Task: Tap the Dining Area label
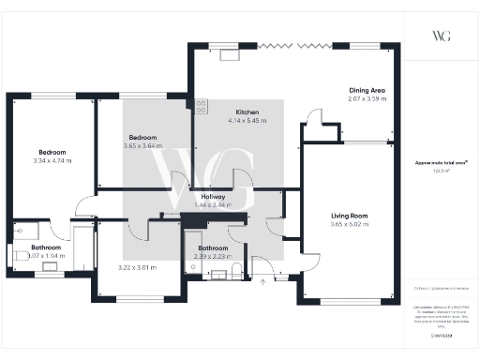pyautogui.click(x=367, y=90)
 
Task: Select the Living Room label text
pyautogui.click(x=349, y=216)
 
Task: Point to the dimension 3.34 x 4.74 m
pyautogui.click(x=52, y=160)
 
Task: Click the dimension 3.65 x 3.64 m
pyautogui.click(x=142, y=145)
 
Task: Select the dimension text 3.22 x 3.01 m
pyautogui.click(x=137, y=267)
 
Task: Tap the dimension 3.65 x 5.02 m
pyautogui.click(x=349, y=225)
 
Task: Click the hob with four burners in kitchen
pyautogui.click(x=201, y=106)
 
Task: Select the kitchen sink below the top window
pyautogui.click(x=228, y=55)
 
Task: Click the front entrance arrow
pyautogui.click(x=263, y=279)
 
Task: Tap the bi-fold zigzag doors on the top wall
pyautogui.click(x=292, y=44)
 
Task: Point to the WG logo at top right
pyautogui.click(x=442, y=36)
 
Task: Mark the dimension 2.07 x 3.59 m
pyautogui.click(x=367, y=99)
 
